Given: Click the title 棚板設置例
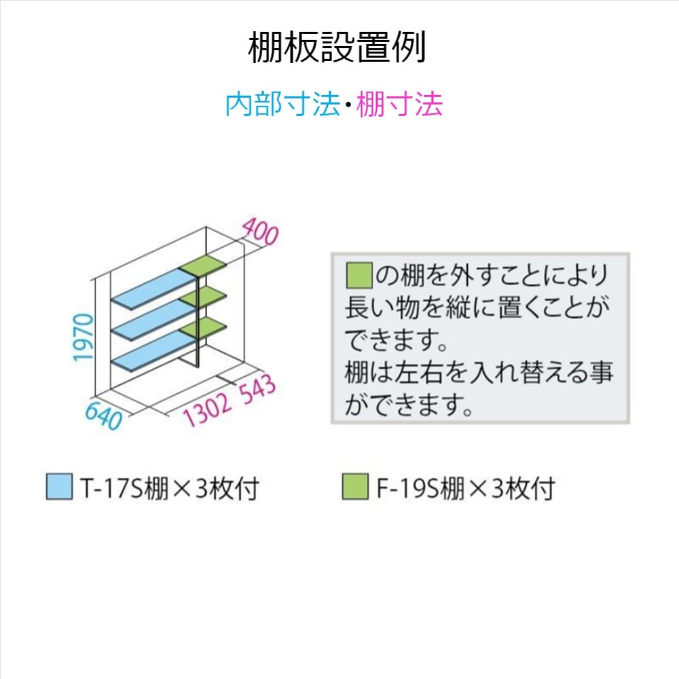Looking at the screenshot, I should (337, 49).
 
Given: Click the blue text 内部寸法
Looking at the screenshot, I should (282, 105).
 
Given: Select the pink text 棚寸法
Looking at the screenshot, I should (399, 105).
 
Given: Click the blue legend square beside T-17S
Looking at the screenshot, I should (59, 487).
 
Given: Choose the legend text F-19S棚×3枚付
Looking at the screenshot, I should (465, 488).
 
